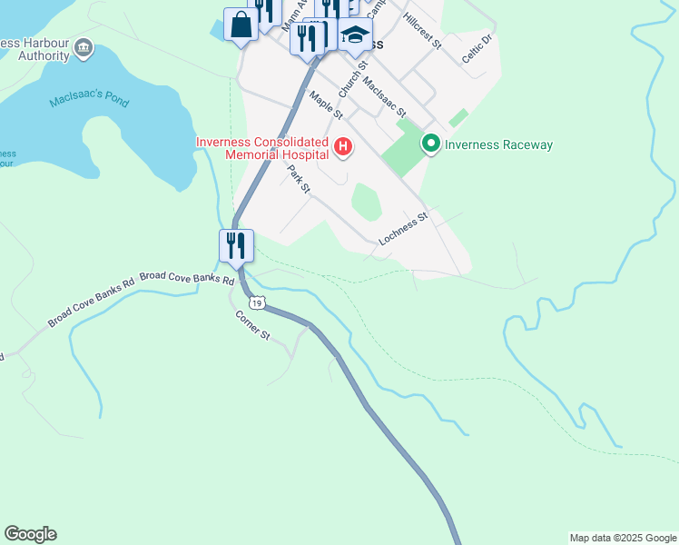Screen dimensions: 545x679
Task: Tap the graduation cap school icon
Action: (x=355, y=36)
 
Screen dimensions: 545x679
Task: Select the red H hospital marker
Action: (x=343, y=146)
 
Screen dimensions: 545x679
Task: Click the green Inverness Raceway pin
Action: (x=430, y=144)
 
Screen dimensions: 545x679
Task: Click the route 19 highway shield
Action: (x=259, y=302)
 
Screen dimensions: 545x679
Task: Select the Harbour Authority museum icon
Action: (x=84, y=47)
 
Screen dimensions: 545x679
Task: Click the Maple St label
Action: (x=325, y=105)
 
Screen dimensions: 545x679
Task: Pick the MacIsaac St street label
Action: (x=382, y=97)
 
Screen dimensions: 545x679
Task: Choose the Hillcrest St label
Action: (x=422, y=31)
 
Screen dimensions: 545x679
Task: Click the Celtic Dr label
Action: (x=476, y=48)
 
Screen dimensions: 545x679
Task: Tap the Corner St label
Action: (x=252, y=325)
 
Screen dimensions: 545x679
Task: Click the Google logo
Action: (x=30, y=534)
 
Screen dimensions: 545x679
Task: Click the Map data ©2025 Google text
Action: (x=622, y=538)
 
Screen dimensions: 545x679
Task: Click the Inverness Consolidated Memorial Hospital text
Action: (x=262, y=149)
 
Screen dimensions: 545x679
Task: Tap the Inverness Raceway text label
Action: (x=498, y=144)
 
